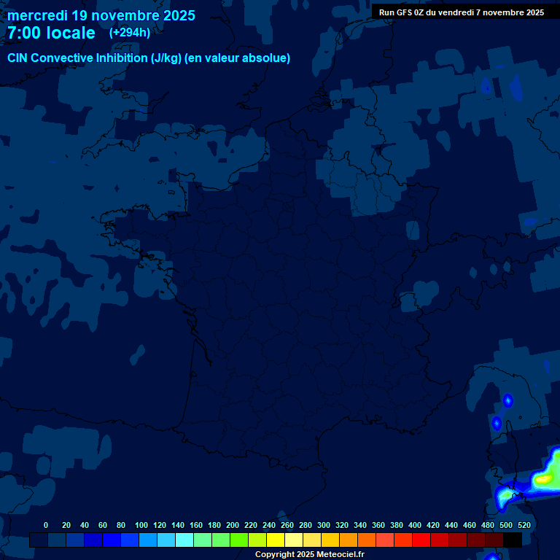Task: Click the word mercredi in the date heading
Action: pos(36,15)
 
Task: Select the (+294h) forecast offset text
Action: pos(130,33)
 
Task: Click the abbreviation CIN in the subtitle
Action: pos(20,58)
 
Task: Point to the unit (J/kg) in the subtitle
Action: pos(166,58)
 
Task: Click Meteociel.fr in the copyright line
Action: pos(340,555)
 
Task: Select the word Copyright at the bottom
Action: pos(275,555)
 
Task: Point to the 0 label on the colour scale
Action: pos(46,525)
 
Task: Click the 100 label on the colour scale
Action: pos(141,525)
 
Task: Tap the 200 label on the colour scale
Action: pos(233,525)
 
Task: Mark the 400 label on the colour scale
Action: pos(415,525)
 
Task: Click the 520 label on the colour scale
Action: pos(524,525)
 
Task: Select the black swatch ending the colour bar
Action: pos(513,540)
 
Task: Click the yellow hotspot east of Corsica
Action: pos(543,479)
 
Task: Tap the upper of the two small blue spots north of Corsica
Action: pos(507,400)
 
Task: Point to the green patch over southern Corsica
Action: pos(505,497)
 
